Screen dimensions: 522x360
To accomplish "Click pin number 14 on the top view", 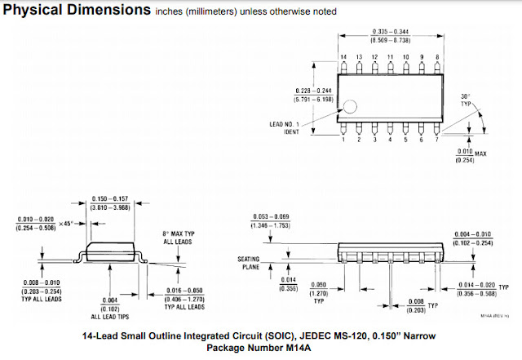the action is click(x=343, y=56).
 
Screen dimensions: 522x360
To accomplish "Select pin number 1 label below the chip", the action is click(x=343, y=140).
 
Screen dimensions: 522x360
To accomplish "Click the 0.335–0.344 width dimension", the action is click(x=390, y=30).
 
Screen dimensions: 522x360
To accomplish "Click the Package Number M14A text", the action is click(x=260, y=348).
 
